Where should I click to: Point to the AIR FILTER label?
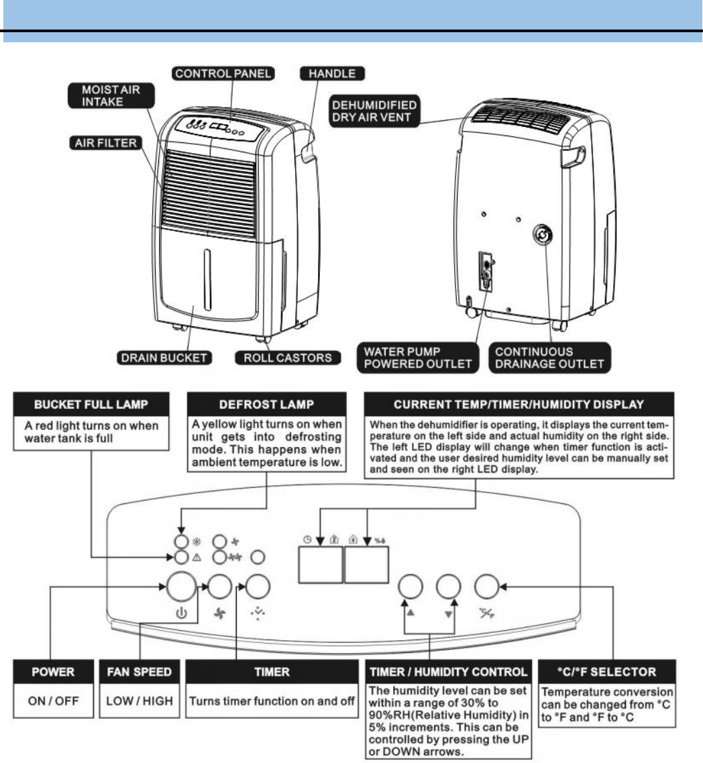(x=103, y=143)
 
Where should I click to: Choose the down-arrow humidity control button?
(x=447, y=587)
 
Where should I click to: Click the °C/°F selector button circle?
(x=486, y=587)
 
